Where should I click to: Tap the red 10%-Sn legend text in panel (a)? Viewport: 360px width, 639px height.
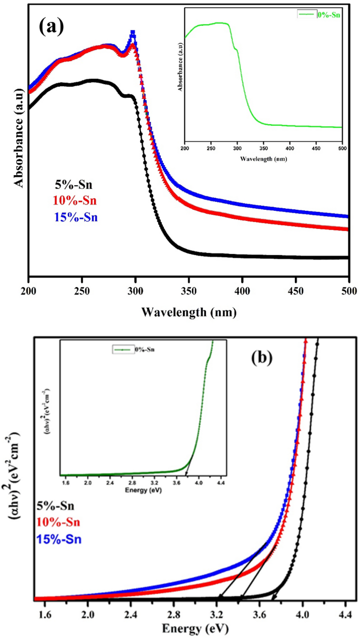77,200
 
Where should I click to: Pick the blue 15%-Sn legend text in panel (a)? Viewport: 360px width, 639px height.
77,217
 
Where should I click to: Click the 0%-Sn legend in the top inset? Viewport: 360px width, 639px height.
318,15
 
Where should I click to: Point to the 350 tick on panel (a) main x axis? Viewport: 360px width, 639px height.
189,288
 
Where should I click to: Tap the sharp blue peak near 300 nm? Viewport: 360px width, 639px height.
133,34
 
